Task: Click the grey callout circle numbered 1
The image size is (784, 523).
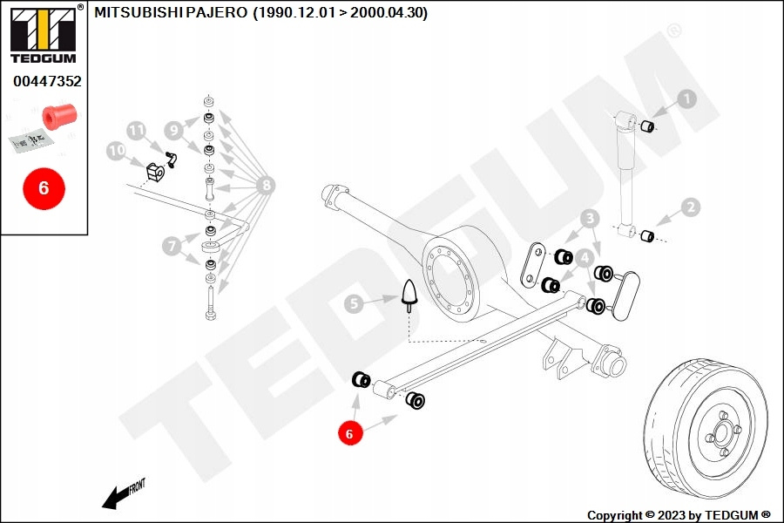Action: click(687, 99)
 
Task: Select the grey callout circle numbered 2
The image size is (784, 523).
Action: click(691, 207)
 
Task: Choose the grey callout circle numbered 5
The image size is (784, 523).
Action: click(352, 304)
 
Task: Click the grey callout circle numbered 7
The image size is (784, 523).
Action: click(172, 247)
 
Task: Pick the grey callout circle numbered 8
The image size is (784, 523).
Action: click(266, 185)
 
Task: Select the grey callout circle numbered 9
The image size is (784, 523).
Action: click(173, 130)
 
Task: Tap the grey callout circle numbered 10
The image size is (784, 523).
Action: click(117, 151)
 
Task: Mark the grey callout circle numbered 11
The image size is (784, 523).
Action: click(136, 130)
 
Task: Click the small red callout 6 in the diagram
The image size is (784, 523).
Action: click(349, 432)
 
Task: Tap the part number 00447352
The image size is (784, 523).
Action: click(47, 81)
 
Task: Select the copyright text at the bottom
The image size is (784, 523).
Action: click(679, 515)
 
